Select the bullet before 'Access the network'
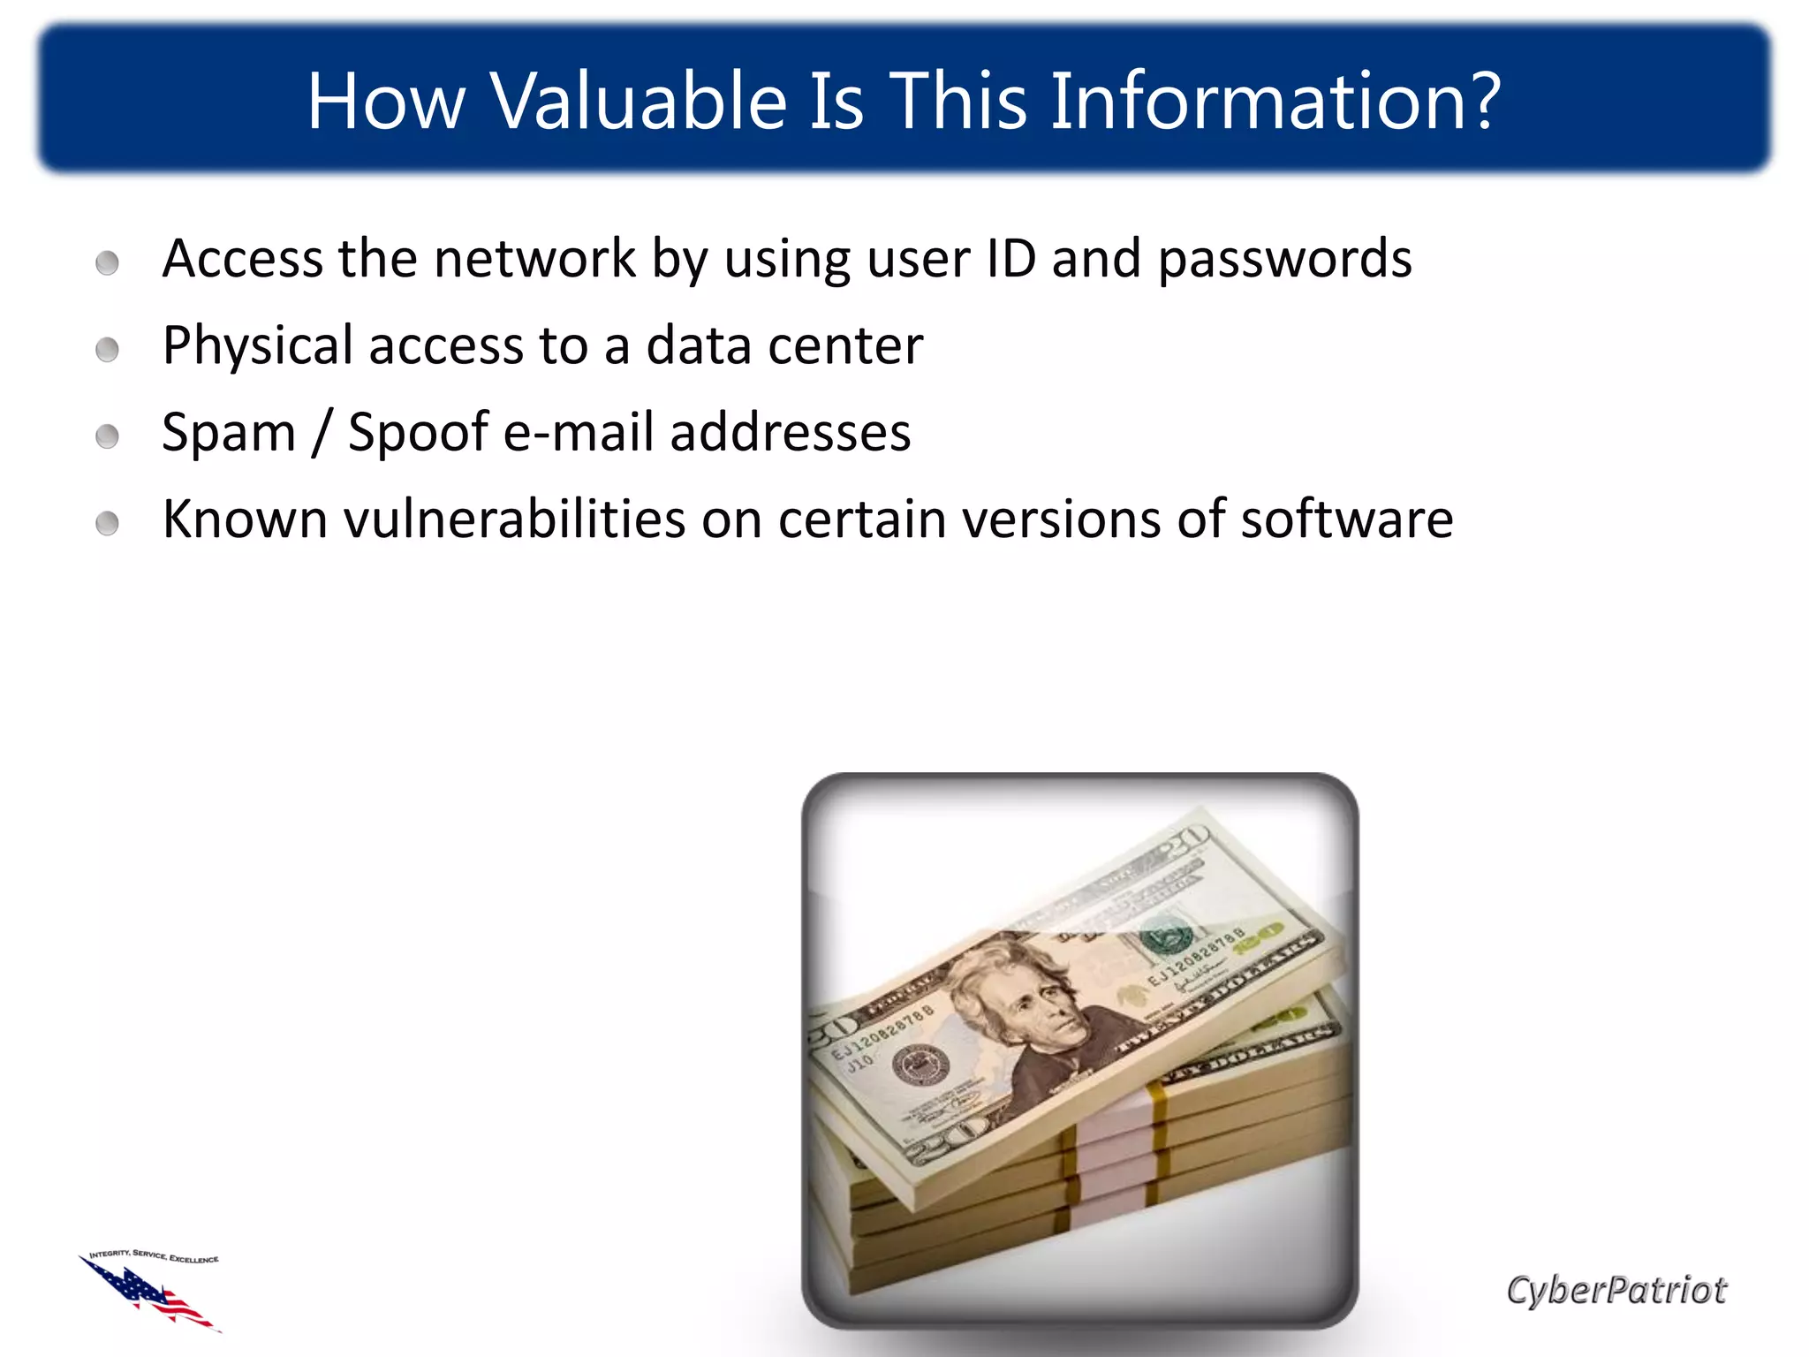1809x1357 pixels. coord(108,262)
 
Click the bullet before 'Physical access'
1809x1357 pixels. coord(108,349)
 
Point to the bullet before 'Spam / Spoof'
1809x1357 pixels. coord(108,436)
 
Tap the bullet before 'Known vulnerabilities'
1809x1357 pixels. coord(108,523)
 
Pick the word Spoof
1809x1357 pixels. coord(419,434)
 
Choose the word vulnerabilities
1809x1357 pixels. coord(514,519)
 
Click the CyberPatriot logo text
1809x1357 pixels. coord(1616,1291)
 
